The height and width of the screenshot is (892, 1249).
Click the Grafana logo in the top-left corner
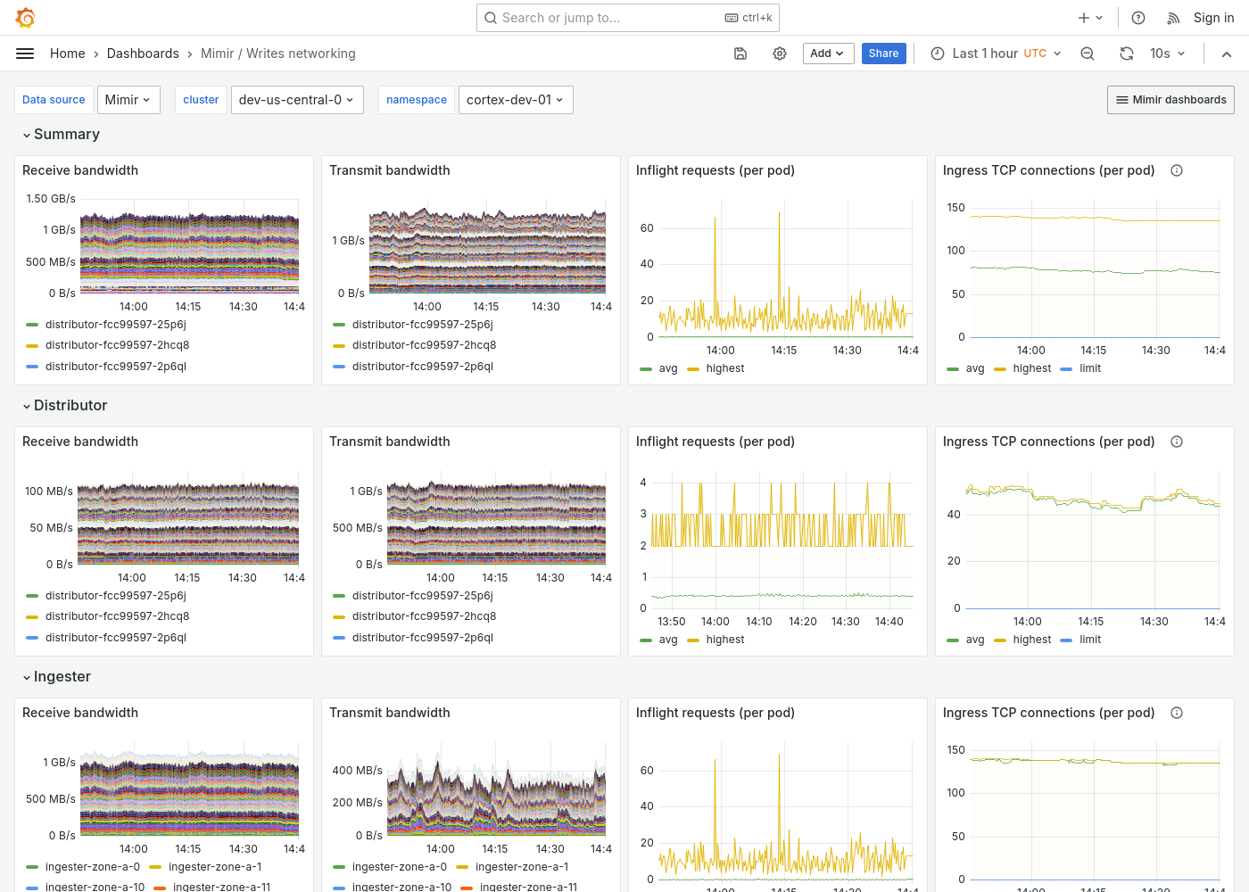[x=26, y=18]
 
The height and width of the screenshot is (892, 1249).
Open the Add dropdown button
[x=828, y=54]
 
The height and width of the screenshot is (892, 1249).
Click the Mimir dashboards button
[x=1170, y=100]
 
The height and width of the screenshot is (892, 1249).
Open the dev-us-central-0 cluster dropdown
[x=295, y=100]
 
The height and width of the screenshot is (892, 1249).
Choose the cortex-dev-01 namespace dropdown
[x=515, y=100]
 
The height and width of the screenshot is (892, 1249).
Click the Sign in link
[x=1213, y=18]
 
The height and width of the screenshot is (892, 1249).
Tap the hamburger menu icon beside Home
[x=25, y=54]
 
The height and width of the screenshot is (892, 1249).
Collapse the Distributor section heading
[x=70, y=406]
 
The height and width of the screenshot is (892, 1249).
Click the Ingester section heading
[x=62, y=677]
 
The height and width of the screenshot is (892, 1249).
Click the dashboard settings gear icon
[x=780, y=54]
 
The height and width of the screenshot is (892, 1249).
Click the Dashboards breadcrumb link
[x=143, y=54]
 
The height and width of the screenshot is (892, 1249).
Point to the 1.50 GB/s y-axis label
[x=51, y=199]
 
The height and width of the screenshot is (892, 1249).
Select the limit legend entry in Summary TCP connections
[x=1089, y=368]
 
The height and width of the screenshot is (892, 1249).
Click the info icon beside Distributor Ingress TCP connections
[x=1177, y=442]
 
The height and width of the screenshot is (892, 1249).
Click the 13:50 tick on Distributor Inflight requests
[x=672, y=622]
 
